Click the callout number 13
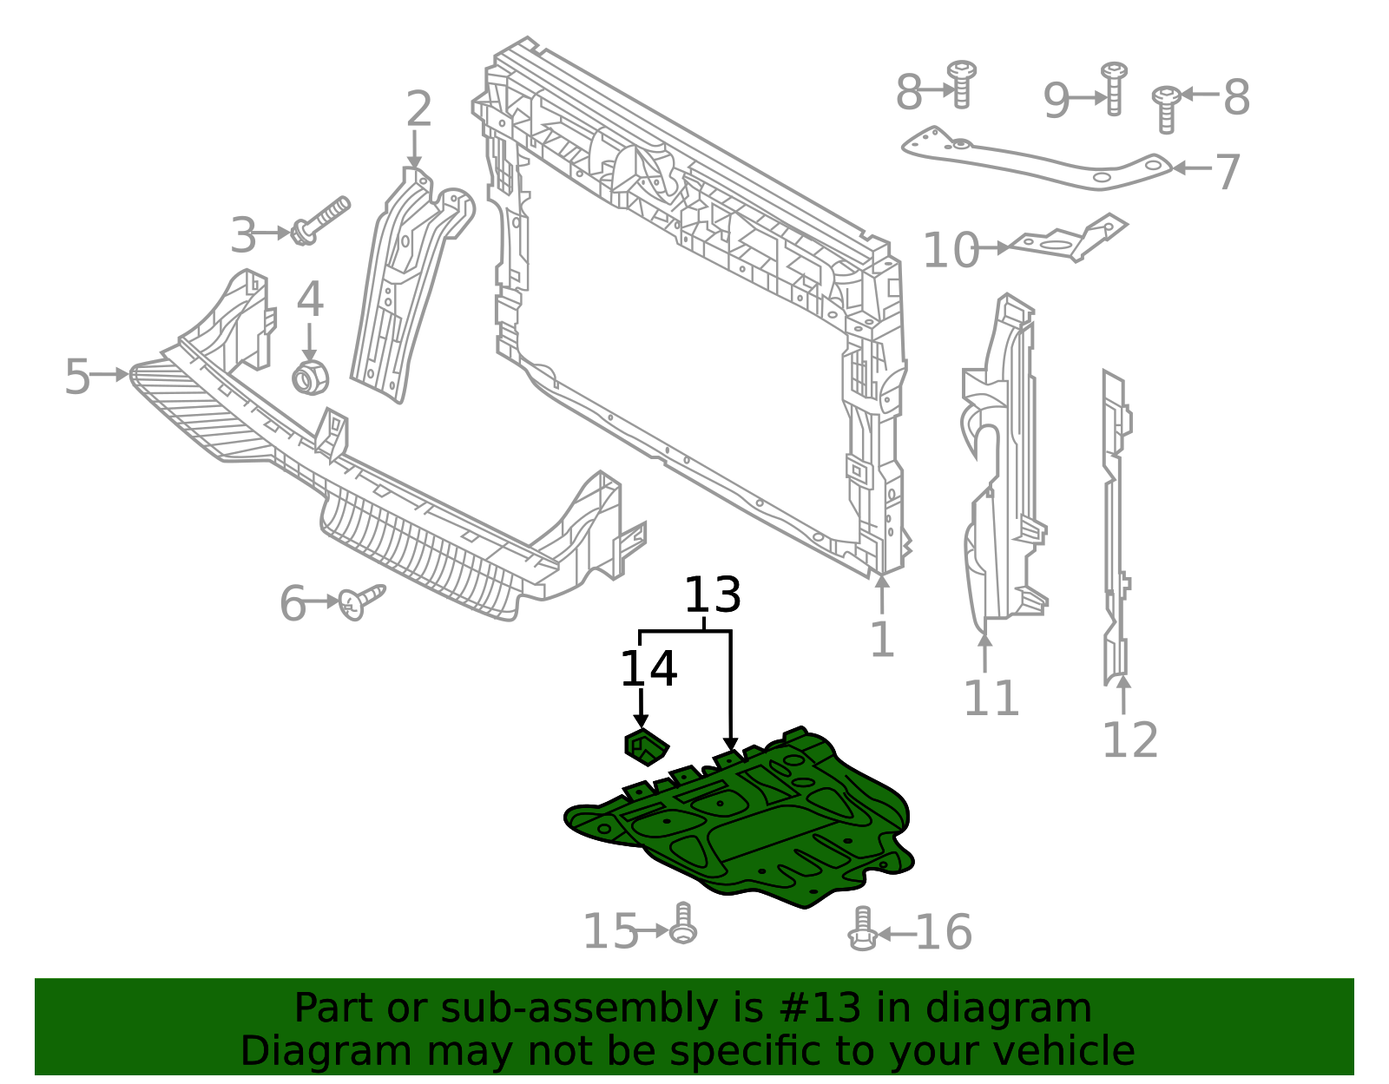[x=713, y=595]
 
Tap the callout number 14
[x=648, y=669]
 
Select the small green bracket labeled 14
[x=646, y=746]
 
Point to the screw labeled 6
[x=361, y=601]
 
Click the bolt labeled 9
[x=1114, y=89]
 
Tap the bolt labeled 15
[x=683, y=923]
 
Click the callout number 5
[x=77, y=377]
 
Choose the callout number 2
[x=419, y=108]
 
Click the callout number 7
[x=1228, y=172]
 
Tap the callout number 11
[x=991, y=699]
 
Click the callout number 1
[x=883, y=640]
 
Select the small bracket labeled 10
[x=1068, y=239]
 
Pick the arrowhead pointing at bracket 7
[x=1179, y=168]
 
